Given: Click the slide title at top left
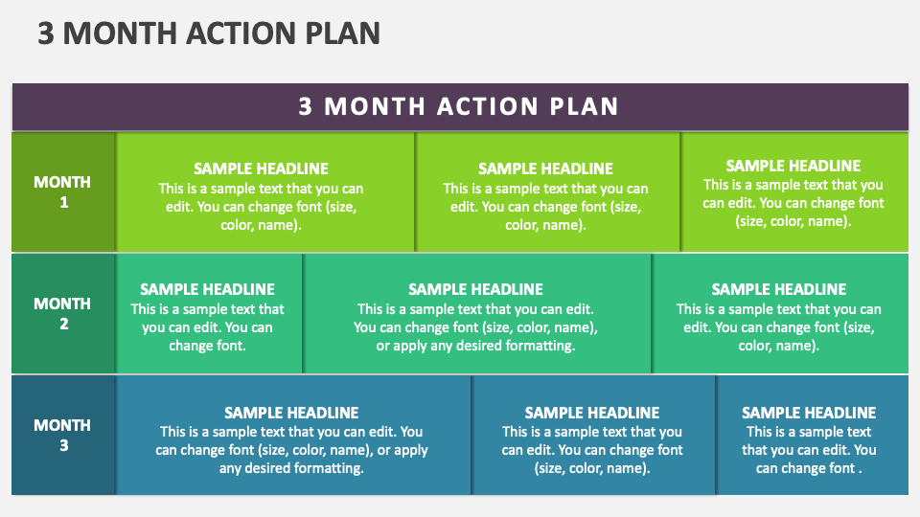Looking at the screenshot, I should tap(209, 34).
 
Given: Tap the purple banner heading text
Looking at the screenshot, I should tap(459, 106).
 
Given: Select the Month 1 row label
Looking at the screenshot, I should tap(63, 191).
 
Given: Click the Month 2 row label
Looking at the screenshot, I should tap(63, 313).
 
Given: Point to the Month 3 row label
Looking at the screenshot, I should tap(63, 435).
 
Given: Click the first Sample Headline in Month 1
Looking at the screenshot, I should tap(261, 169).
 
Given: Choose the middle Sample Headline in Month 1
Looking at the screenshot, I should tap(545, 169).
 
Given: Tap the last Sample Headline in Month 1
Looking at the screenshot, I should tap(793, 166).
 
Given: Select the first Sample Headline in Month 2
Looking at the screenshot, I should tap(207, 289).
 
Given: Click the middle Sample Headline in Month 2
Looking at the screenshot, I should tap(475, 289).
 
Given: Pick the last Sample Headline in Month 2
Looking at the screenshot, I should tap(779, 289).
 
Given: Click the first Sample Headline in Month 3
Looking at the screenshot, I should tap(291, 413).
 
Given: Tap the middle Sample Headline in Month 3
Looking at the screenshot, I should tap(592, 413).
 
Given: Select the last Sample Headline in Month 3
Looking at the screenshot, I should tap(809, 413).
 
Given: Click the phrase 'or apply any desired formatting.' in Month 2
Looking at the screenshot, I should tap(475, 346).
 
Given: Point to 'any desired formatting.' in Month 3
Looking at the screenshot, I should tap(291, 468).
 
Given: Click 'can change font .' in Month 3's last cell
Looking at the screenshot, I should tap(809, 468).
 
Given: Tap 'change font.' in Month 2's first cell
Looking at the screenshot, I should tap(207, 346).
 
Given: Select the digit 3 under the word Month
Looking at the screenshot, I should tap(63, 445).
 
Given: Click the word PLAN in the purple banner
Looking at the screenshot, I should tap(584, 106).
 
